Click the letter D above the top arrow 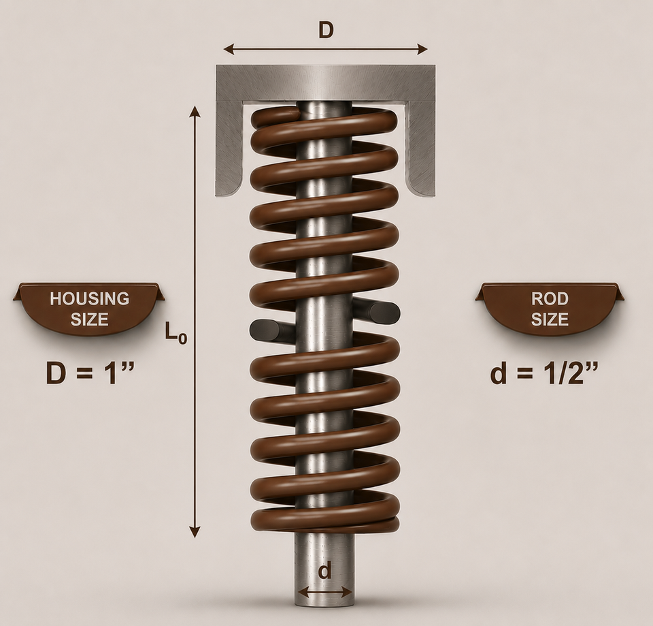[326, 31]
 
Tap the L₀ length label [175, 332]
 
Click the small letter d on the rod [325, 571]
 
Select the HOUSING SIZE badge [89, 309]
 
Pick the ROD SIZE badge [550, 309]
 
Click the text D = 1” [90, 373]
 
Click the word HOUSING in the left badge [90, 298]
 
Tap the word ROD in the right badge [550, 298]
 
